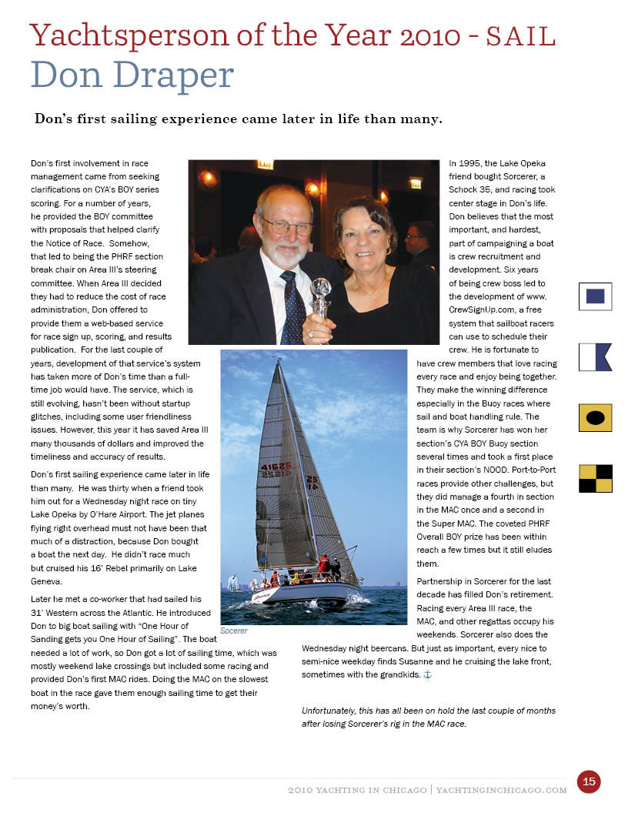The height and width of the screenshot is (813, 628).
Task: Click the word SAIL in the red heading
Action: [522, 35]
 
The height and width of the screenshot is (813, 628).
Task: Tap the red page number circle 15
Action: [589, 781]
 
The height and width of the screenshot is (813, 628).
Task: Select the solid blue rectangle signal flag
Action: [595, 296]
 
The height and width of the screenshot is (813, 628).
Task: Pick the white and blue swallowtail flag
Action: [595, 357]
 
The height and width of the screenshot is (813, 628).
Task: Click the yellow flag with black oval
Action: [595, 417]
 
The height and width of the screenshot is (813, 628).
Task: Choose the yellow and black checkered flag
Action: [595, 478]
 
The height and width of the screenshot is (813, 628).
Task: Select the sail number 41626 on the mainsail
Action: [276, 467]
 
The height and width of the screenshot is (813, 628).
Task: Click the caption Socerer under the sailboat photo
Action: [234, 631]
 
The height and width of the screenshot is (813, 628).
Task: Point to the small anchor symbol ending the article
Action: [429, 674]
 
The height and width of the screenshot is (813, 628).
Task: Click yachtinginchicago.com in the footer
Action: [501, 790]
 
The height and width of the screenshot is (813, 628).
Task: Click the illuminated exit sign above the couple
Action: [265, 164]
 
